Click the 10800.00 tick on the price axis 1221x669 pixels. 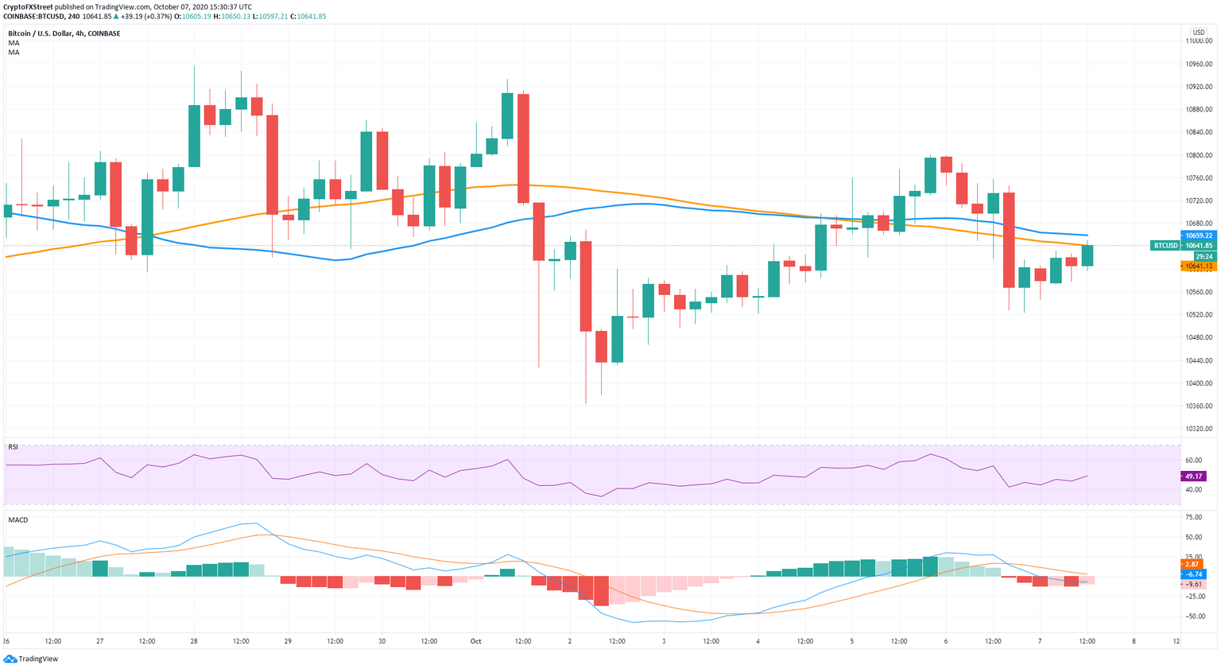(1199, 155)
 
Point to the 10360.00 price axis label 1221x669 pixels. (1199, 406)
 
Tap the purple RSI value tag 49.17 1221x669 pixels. (1193, 476)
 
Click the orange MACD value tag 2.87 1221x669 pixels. (1193, 563)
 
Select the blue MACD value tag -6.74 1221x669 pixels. (1193, 574)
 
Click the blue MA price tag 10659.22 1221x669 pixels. (1199, 235)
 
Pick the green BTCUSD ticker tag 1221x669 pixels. (1165, 246)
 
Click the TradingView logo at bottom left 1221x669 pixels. (31, 659)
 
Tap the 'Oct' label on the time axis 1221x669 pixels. (476, 640)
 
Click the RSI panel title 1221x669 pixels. (13, 447)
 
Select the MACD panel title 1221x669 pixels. (17, 519)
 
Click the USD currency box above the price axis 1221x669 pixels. (1199, 33)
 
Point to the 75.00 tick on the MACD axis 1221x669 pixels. (1193, 517)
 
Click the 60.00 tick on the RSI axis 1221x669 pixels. (1193, 461)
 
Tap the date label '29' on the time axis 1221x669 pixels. (288, 640)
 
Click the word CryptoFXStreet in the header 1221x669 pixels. (28, 6)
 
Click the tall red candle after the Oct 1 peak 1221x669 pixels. (523, 148)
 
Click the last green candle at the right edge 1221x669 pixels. (1087, 255)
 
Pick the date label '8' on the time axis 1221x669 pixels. (1134, 640)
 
